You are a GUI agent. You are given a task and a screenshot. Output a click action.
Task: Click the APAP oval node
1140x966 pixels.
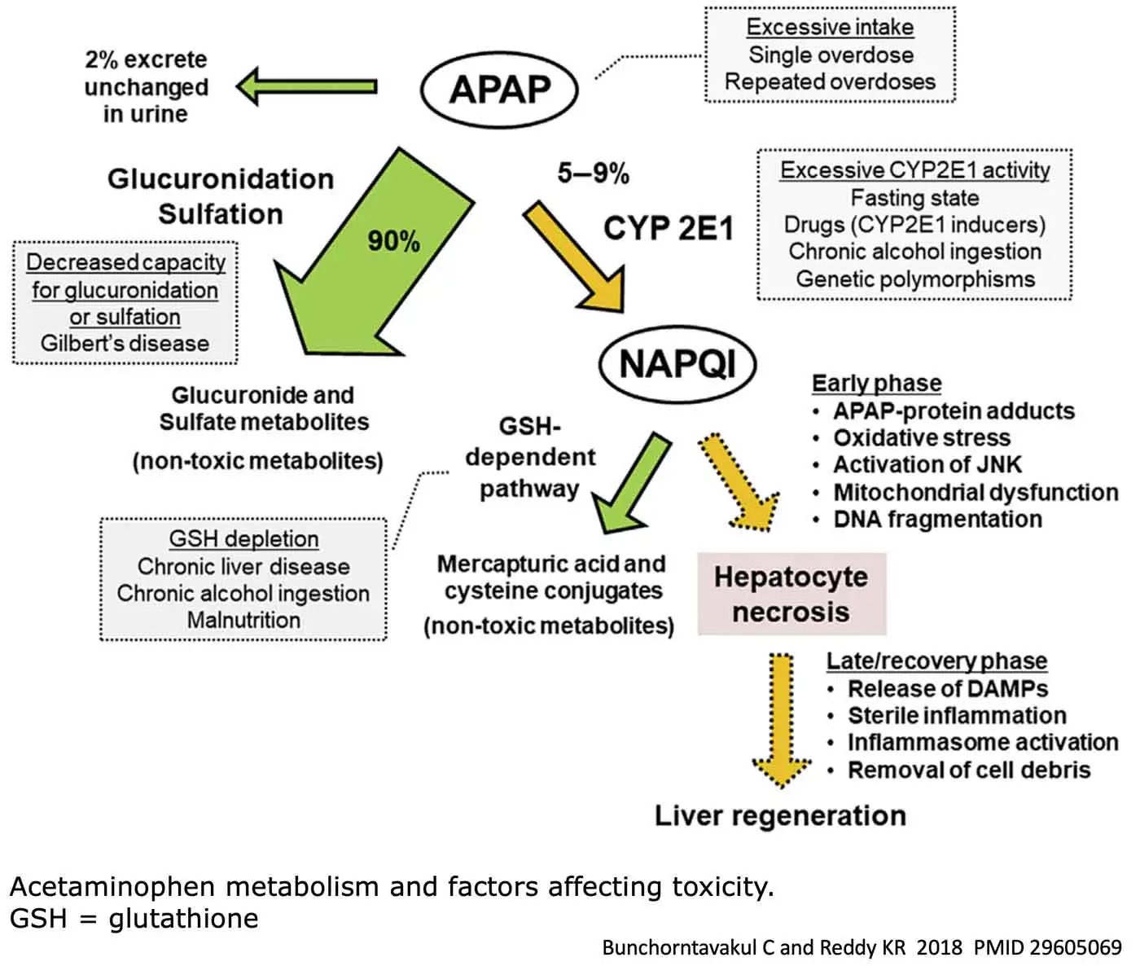(x=499, y=88)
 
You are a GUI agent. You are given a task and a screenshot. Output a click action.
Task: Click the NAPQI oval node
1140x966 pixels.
(x=677, y=363)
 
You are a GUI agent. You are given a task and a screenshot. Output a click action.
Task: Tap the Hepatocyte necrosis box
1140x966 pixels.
(x=791, y=594)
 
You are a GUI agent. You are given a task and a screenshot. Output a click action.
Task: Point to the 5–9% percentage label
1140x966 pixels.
(x=593, y=173)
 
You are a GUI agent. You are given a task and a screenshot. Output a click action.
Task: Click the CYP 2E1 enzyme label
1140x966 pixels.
(x=668, y=229)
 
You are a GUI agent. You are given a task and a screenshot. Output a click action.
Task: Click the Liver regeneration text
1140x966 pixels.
(x=780, y=815)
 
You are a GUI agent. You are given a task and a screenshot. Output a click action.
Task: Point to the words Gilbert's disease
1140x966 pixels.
(x=125, y=344)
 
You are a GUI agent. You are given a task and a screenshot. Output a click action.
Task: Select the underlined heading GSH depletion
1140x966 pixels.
(x=243, y=539)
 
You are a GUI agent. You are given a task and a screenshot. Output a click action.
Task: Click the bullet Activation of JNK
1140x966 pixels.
(x=927, y=465)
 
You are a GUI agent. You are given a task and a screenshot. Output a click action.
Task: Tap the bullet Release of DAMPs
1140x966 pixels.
(x=947, y=689)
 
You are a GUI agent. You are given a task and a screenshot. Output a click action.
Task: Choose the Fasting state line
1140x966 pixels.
(x=914, y=198)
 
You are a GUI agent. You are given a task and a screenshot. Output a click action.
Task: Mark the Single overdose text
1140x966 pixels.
(x=831, y=55)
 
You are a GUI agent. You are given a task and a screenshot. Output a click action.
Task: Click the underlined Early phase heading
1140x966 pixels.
(x=876, y=384)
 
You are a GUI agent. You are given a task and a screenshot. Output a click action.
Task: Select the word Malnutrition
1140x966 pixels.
(x=243, y=621)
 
